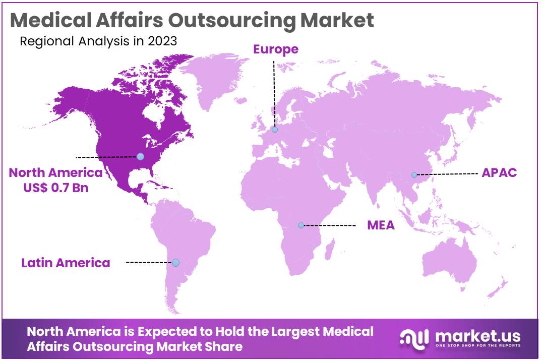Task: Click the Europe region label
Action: [x=275, y=49]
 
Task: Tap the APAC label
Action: [x=499, y=172]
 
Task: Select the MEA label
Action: [x=381, y=225]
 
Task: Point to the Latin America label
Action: [x=66, y=263]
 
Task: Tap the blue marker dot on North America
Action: [x=140, y=156]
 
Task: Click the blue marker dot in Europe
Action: [x=275, y=130]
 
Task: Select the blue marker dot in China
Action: [x=414, y=175]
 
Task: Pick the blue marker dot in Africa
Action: [x=301, y=225]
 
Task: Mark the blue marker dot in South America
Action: [x=175, y=263]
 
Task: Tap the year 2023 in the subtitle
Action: [x=162, y=41]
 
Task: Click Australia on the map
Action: [x=449, y=262]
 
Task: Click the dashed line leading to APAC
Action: [x=446, y=174]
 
